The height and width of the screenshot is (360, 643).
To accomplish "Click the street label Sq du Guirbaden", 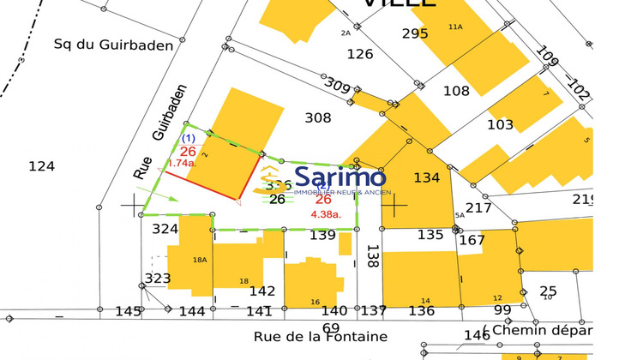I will [113, 45].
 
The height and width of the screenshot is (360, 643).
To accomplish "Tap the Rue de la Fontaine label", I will [321, 337].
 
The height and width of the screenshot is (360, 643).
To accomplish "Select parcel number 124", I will [41, 165].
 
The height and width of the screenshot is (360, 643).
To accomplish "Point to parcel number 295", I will [415, 33].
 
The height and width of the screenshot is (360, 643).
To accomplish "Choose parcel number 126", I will [360, 54].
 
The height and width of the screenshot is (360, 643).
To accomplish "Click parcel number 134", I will [426, 177].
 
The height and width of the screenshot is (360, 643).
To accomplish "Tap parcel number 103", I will [500, 124].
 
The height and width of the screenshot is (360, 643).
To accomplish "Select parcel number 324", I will [165, 229].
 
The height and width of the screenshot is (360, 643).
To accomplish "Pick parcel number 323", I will [158, 279].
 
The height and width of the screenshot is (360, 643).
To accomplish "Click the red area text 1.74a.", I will [182, 163].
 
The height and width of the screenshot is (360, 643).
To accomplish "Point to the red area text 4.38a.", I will [326, 214].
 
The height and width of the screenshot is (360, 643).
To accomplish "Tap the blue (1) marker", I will [189, 138].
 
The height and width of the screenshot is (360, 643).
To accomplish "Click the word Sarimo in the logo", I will [340, 177].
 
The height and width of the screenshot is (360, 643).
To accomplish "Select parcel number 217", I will [478, 207].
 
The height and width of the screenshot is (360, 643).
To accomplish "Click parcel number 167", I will [472, 239].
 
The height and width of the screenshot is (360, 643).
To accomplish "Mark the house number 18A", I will [200, 260].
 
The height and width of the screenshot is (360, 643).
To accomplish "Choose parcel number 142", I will [262, 291].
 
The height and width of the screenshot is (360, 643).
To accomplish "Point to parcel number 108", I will [456, 91].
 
